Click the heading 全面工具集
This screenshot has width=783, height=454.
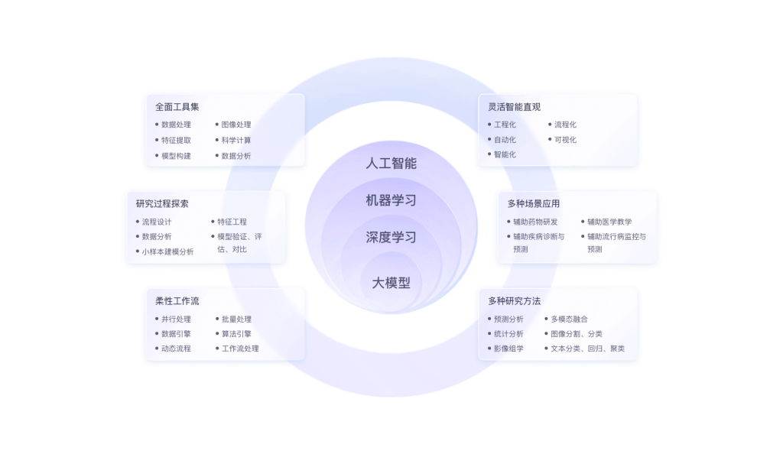pos(177,107)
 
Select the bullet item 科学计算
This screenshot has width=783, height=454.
pos(236,141)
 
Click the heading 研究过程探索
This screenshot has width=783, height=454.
pos(162,203)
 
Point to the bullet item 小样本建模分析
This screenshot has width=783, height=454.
pos(167,251)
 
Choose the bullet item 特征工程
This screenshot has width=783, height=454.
pos(232,222)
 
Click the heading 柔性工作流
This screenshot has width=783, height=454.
pos(177,301)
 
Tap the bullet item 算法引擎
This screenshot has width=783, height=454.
pos(236,334)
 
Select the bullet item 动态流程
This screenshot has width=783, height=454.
pos(176,349)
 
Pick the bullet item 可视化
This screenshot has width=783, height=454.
pos(565,140)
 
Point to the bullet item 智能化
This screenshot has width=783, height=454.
pos(505,154)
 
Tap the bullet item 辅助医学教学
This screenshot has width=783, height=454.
pos(609,222)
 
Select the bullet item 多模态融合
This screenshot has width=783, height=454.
pos(569,319)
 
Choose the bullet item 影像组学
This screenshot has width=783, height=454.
pos(508,349)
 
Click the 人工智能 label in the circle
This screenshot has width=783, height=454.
pos(391,163)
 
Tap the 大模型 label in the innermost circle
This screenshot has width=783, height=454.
pos(391,283)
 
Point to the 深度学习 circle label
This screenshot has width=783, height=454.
pos(391,237)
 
